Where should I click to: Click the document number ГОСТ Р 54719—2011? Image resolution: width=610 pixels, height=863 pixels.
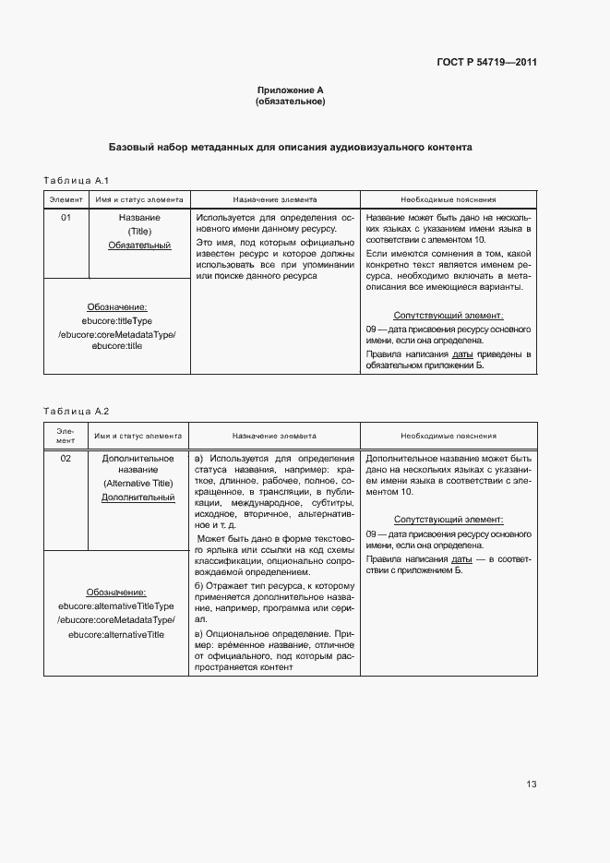point(486,63)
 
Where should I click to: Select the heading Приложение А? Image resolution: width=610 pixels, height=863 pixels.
point(290,90)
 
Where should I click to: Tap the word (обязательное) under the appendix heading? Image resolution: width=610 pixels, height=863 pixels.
point(290,101)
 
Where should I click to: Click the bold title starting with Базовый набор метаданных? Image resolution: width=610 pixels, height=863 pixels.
point(291,147)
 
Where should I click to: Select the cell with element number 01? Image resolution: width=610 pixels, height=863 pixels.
point(66,218)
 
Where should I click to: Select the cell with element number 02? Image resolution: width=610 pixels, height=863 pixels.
point(66,458)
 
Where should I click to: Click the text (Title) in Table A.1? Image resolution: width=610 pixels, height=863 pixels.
point(139,232)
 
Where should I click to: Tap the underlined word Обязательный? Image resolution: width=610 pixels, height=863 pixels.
point(139,246)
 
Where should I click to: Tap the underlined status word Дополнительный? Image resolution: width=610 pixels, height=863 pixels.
point(138,497)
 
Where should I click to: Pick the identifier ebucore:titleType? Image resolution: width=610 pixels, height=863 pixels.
point(117,320)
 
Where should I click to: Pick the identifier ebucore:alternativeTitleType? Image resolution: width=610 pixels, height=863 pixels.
point(116,605)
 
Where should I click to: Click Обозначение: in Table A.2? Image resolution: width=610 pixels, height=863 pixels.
point(116,592)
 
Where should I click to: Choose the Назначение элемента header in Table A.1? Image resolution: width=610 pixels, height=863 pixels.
point(274,198)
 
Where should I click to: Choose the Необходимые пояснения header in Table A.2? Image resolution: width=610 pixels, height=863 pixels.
point(448,436)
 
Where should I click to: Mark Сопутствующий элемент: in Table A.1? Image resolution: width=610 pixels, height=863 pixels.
point(449,316)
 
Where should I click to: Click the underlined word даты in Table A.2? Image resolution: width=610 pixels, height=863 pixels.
point(461,559)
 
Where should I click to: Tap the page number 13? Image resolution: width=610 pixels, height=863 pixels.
point(532,785)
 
